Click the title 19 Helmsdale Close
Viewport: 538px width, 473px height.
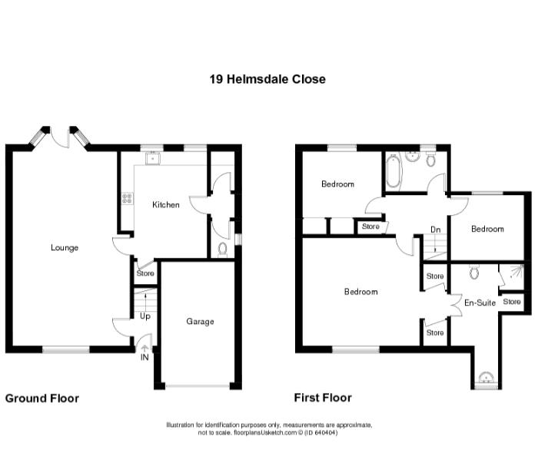pos(267,79)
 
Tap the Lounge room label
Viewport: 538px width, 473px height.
pos(65,247)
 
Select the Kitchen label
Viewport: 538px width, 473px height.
pos(165,205)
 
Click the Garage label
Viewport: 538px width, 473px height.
pos(200,322)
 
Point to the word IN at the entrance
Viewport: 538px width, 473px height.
pos(144,357)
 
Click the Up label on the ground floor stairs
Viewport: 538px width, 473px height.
pos(144,316)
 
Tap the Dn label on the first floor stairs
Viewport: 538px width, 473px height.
pos(435,229)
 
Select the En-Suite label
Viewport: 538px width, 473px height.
pos(480,303)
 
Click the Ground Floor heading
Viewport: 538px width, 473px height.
pos(42,399)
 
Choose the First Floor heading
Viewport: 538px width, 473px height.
pos(323,398)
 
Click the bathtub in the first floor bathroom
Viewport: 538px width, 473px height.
pos(393,171)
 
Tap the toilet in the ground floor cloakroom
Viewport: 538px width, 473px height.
pos(222,248)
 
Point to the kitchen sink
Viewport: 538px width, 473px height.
pos(154,160)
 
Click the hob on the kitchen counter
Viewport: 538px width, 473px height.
pos(125,200)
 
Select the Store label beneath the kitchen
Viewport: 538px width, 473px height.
pos(144,273)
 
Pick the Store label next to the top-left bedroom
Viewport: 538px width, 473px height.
pos(370,227)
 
